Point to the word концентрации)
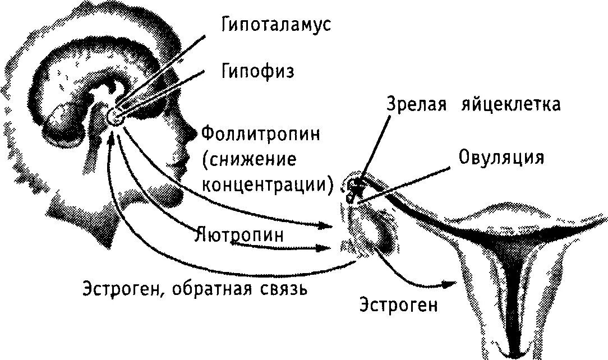coord(268,184)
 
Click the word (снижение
coord(248,160)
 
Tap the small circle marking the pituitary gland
coord(115,115)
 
